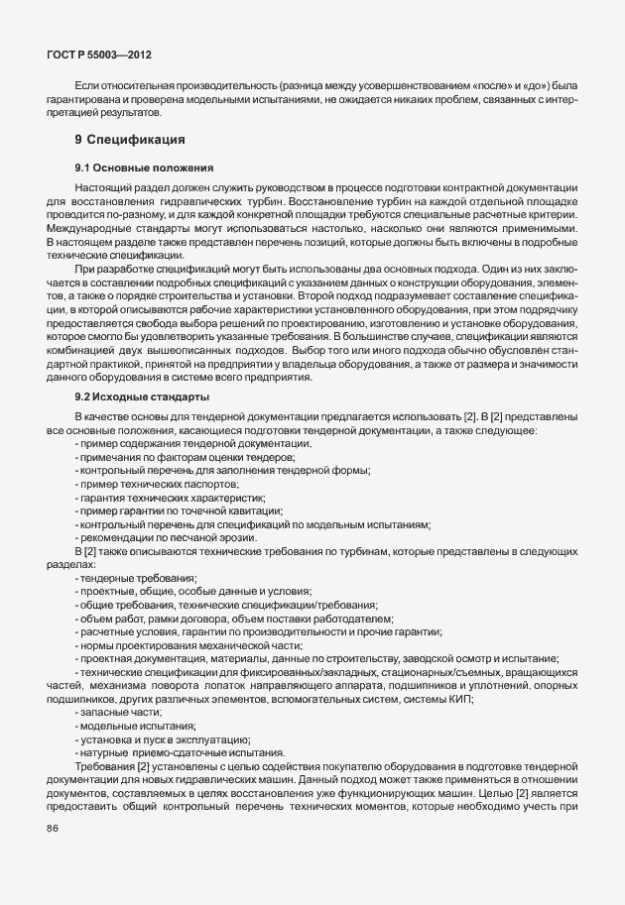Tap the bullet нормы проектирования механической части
point(187,645)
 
